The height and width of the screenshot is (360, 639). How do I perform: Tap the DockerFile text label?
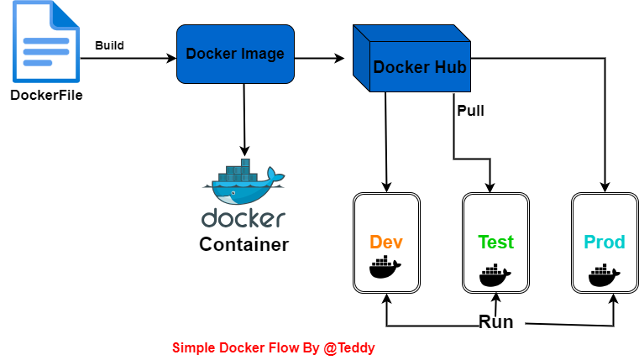coord(46,94)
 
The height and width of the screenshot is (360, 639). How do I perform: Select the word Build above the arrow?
coord(109,45)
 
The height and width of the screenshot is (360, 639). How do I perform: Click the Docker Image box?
coord(235,54)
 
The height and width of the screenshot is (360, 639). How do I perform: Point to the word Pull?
coord(470,110)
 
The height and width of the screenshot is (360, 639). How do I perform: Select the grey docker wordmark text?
coord(244,219)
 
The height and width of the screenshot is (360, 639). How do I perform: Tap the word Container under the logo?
coord(244,245)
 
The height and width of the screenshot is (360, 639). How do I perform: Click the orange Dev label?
coord(385,243)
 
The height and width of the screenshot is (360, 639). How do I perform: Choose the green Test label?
coord(495,243)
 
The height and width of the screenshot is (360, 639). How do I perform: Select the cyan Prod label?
coord(605,243)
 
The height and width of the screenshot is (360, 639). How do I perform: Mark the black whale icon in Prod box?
coord(605,274)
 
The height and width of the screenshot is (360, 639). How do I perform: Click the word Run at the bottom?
coord(495,322)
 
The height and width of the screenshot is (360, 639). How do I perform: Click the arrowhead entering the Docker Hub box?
coord(340,58)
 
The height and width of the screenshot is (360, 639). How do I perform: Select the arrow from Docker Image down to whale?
coord(244,117)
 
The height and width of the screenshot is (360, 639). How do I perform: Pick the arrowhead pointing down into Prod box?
coord(605,187)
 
